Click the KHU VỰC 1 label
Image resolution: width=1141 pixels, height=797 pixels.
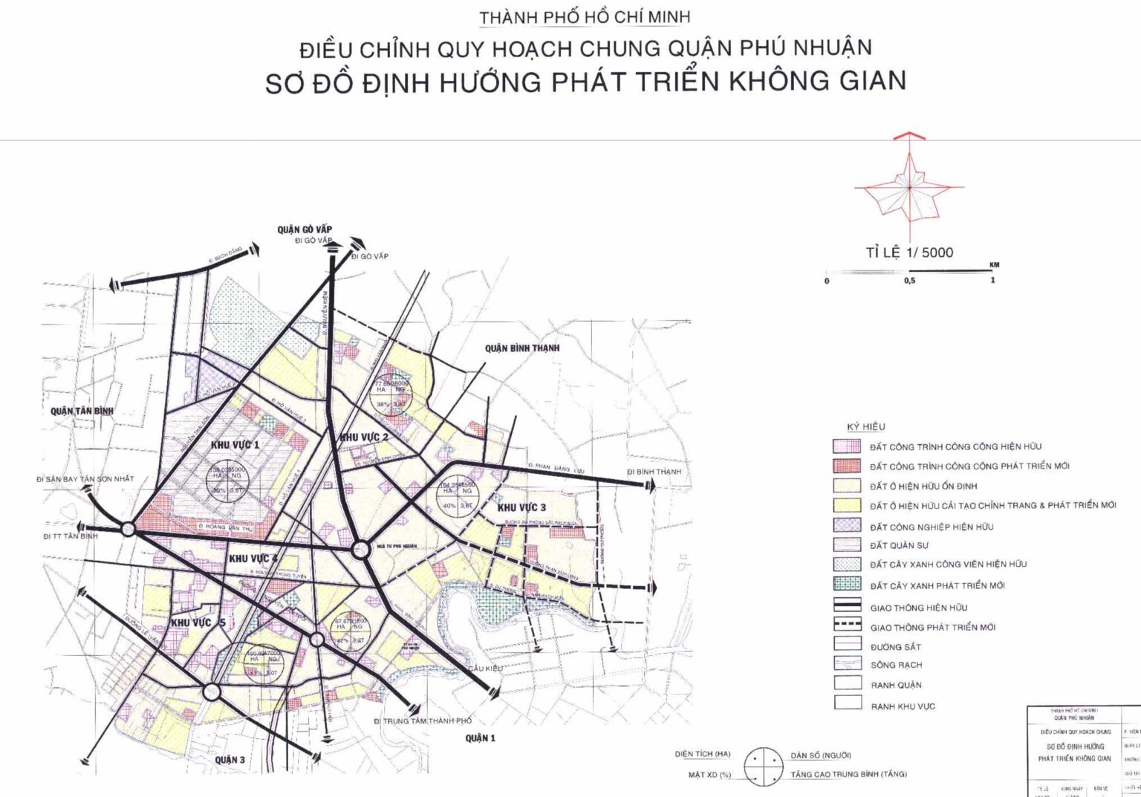click(235, 445)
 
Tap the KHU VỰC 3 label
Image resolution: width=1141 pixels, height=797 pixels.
click(521, 507)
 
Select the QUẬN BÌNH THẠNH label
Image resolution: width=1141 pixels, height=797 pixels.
click(522, 348)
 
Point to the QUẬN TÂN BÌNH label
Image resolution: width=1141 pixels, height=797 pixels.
click(82, 411)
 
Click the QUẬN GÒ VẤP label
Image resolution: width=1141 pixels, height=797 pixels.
click(305, 230)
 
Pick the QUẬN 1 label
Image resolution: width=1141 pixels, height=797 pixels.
click(480, 738)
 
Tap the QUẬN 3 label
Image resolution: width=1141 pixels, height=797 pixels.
click(230, 759)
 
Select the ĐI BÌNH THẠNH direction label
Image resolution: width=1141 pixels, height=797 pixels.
click(653, 472)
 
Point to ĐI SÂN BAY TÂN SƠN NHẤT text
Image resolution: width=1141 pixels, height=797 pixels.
click(85, 479)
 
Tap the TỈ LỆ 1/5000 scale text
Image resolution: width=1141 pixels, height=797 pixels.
click(909, 253)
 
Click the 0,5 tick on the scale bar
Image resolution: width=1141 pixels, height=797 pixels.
click(909, 281)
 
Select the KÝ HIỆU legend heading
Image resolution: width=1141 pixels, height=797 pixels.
click(866, 426)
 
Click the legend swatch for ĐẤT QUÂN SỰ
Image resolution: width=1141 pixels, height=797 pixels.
click(847, 545)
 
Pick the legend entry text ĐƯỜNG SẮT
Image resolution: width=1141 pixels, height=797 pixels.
click(896, 647)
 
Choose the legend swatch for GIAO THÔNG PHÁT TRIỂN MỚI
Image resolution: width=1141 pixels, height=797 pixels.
click(847, 626)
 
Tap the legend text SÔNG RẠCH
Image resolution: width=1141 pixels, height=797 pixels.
click(897, 666)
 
